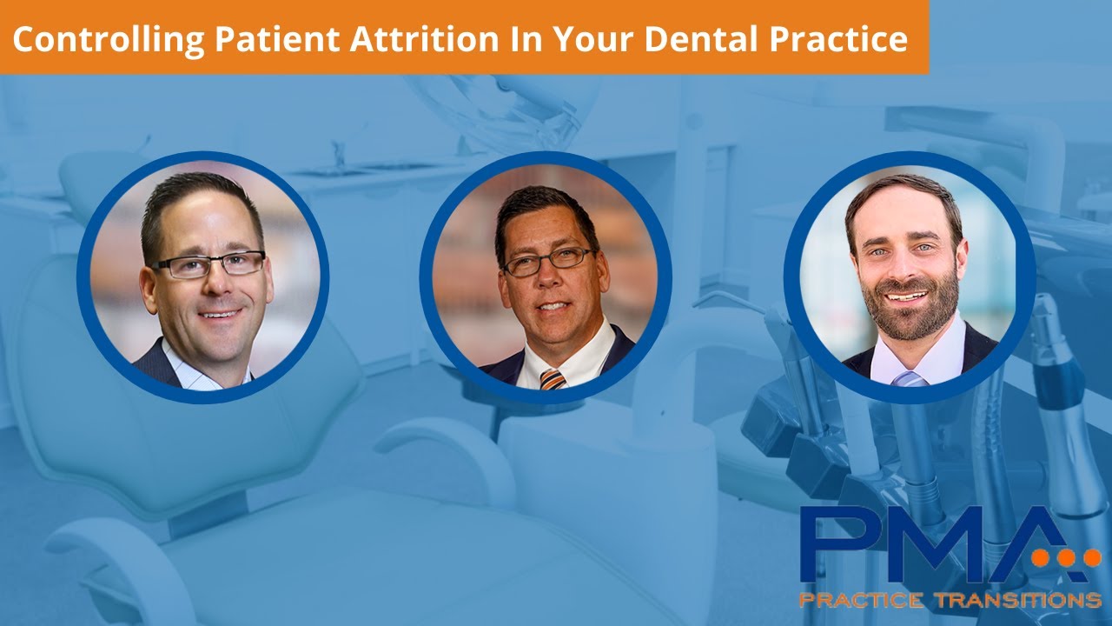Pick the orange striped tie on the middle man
552,378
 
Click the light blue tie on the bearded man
909,378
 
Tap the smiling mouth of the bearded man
906,296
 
